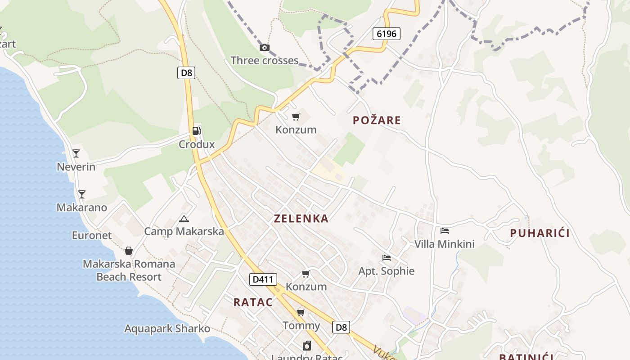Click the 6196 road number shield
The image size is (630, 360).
point(386,33)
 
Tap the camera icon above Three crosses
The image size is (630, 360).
point(265,47)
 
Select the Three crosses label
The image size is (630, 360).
point(265,60)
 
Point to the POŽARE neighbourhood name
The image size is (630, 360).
point(377,120)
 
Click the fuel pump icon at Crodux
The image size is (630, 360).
point(196,131)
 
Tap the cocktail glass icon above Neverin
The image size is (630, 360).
point(76,153)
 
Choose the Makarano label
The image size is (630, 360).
point(82,207)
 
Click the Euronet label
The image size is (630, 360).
point(92,235)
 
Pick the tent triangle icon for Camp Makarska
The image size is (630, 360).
point(184,219)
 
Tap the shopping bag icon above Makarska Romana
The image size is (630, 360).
point(129,251)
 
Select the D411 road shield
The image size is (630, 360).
point(263,279)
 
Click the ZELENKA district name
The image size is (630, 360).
point(301,219)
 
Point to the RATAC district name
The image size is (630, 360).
point(253,302)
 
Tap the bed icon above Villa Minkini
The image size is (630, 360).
point(445,231)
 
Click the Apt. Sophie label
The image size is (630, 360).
point(386,271)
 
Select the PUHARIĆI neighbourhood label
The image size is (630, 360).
point(540,233)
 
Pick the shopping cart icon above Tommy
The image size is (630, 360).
point(301,312)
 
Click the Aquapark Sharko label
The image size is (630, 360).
point(167,328)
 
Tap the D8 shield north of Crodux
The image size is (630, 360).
point(186,73)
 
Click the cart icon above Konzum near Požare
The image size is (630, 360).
point(296,117)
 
